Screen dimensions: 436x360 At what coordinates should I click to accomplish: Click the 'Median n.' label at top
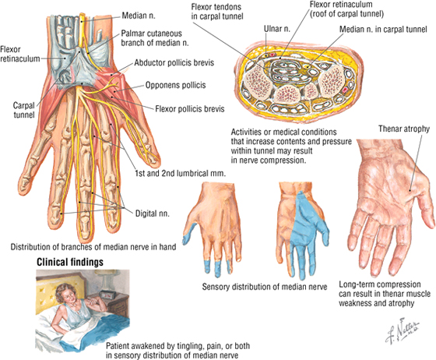click(x=139, y=16)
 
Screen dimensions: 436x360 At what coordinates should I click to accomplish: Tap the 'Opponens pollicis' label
click(x=175, y=85)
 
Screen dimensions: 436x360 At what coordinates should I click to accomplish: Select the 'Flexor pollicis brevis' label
click(x=190, y=108)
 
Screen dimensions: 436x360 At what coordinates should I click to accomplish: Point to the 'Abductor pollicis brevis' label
click(x=174, y=62)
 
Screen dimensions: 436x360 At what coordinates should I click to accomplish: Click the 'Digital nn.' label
click(x=152, y=214)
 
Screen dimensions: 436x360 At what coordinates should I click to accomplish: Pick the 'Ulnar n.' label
click(x=276, y=29)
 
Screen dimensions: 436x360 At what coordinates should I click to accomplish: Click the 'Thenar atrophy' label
click(x=404, y=129)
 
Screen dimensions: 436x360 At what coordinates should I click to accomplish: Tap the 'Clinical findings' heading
click(x=70, y=262)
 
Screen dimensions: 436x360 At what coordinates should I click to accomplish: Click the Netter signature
click(x=402, y=330)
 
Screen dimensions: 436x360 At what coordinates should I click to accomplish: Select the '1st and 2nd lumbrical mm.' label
click(x=180, y=173)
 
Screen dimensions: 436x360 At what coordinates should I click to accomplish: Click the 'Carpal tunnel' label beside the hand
click(x=24, y=110)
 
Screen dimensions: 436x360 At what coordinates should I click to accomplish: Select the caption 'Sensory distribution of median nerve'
click(x=265, y=287)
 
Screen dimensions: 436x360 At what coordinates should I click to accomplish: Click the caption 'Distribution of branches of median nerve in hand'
click(x=93, y=247)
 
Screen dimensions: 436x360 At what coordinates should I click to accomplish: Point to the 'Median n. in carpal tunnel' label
click(x=383, y=29)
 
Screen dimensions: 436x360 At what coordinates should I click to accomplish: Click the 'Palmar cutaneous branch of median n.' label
click(x=155, y=38)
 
